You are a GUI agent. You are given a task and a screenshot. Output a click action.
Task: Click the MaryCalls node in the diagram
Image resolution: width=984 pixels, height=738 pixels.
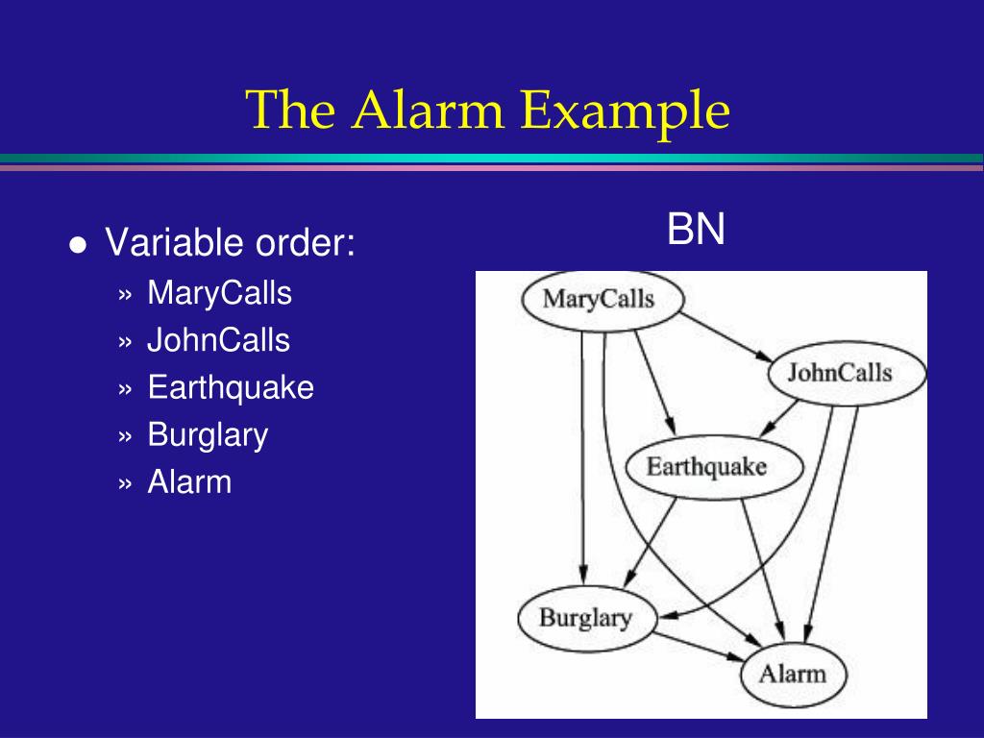click(x=599, y=299)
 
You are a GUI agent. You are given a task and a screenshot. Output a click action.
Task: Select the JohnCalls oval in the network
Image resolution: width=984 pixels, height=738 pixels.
click(x=839, y=373)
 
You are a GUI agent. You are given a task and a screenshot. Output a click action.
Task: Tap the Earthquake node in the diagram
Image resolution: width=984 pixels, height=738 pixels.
click(x=706, y=468)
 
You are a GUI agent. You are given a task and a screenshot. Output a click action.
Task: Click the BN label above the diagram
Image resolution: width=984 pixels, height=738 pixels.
click(x=697, y=231)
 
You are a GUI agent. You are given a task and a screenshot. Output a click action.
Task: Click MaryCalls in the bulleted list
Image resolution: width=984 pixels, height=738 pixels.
click(x=219, y=293)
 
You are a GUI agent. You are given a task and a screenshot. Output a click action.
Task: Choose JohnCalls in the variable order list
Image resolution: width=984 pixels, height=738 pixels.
click(x=218, y=340)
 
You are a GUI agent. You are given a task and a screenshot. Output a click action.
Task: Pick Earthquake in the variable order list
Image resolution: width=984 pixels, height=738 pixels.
click(x=231, y=387)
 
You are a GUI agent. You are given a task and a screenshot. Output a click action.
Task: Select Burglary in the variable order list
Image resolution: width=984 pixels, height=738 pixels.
click(x=208, y=435)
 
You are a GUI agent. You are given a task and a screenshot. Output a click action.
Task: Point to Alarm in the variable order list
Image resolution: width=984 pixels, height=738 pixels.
click(x=189, y=481)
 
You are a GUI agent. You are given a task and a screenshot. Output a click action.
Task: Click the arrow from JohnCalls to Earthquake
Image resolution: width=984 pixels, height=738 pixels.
click(x=782, y=416)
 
